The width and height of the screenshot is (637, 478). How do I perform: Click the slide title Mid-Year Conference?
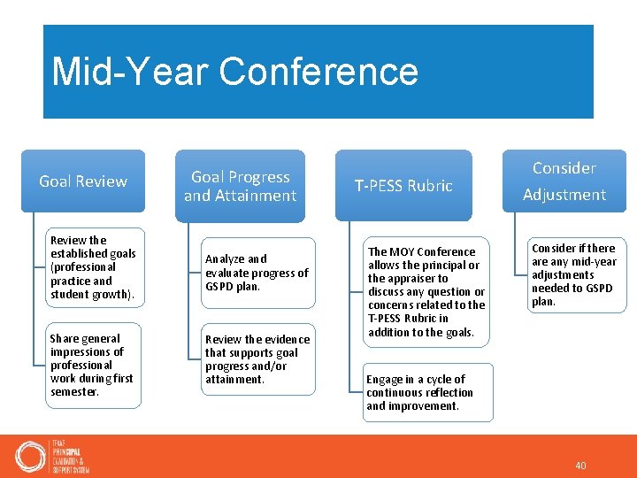point(234,72)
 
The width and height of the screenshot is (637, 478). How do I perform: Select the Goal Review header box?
point(83,181)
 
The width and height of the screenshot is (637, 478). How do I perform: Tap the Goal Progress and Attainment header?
point(240,186)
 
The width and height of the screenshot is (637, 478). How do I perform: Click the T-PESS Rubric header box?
point(403,186)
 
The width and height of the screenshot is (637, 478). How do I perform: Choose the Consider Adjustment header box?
point(564,181)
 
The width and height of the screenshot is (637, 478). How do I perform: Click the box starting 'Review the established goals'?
point(93,266)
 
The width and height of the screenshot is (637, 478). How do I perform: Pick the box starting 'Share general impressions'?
point(92,365)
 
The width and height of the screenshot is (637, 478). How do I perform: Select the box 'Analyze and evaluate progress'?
point(257,273)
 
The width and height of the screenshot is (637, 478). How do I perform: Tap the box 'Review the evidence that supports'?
point(257,358)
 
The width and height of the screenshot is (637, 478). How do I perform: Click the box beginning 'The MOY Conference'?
point(426,291)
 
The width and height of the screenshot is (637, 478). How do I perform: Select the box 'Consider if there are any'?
point(575,274)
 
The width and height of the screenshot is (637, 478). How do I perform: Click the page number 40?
point(580,466)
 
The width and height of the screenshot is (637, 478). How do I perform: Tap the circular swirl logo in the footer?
point(30,456)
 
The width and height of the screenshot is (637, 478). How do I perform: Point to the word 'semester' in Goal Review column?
point(73,392)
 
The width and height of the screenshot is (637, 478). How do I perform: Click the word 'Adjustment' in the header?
point(564,195)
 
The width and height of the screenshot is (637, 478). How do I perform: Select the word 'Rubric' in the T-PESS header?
point(429,186)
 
